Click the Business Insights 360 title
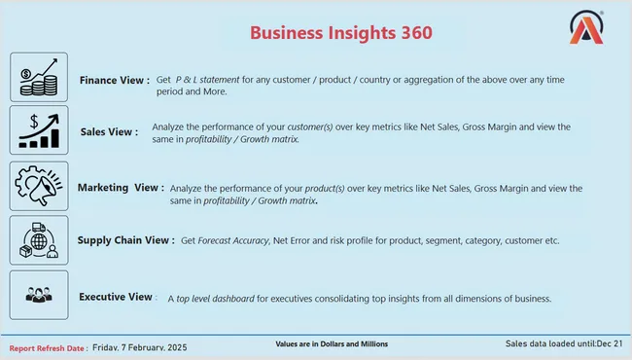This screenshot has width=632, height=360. [341, 32]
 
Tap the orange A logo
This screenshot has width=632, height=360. [586, 31]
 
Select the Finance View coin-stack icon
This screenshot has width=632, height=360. [39, 77]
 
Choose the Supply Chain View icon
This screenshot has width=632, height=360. [39, 239]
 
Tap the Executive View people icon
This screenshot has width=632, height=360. [39, 295]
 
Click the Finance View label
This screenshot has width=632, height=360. [115, 80]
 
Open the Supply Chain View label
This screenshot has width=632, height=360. [125, 239]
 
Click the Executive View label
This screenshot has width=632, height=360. [116, 296]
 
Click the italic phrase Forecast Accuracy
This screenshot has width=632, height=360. [233, 239]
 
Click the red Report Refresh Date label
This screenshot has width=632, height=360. [50, 347]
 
